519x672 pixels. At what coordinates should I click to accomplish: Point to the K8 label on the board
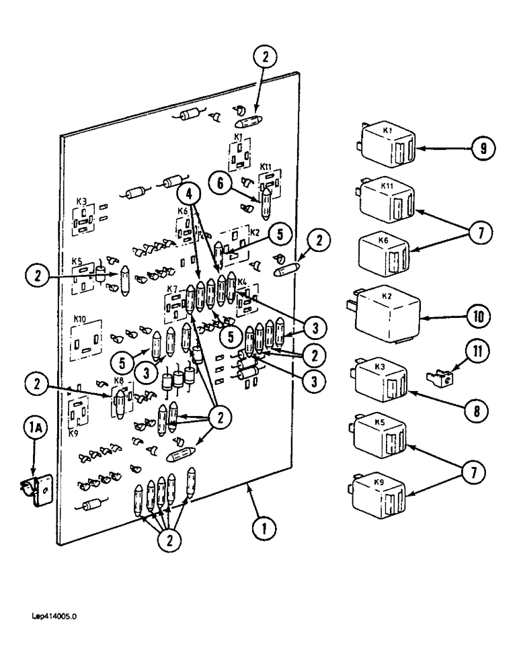(119, 381)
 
